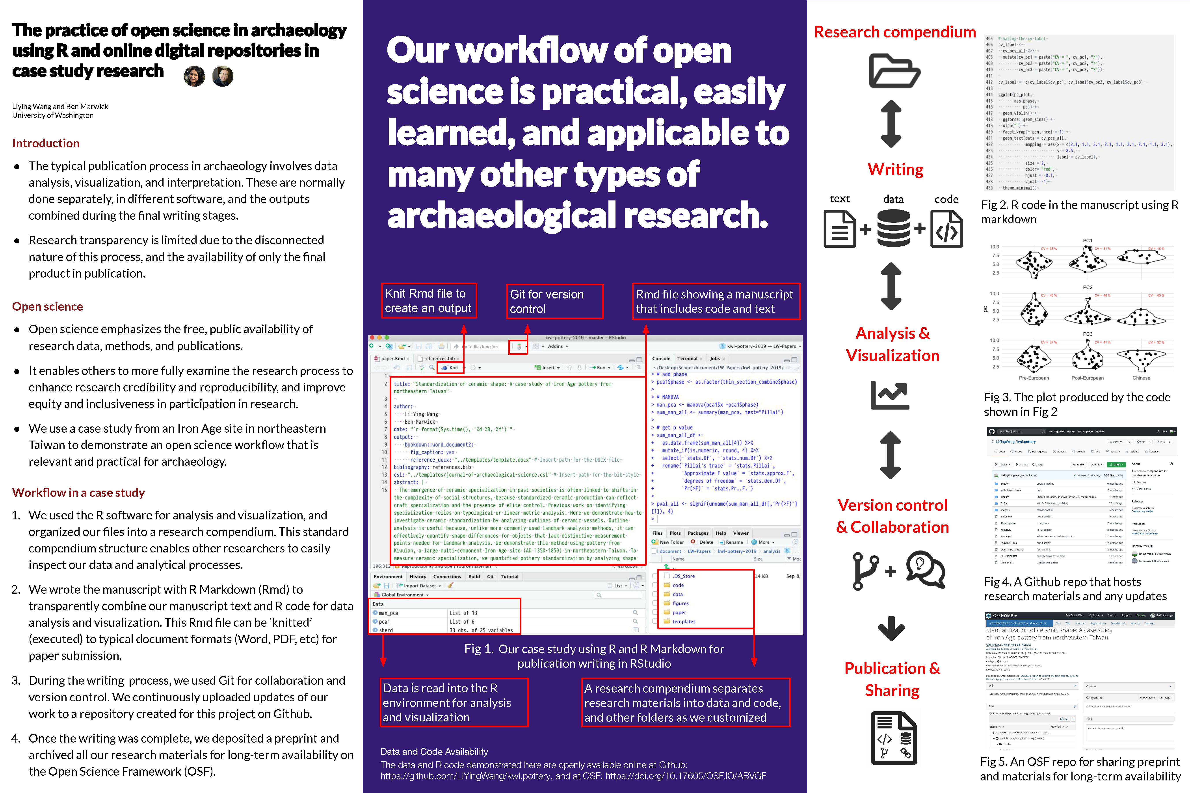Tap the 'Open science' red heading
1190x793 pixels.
tap(48, 306)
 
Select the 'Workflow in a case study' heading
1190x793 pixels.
tap(78, 493)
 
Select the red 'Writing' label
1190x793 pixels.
tap(896, 169)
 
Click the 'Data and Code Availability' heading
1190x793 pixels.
tap(434, 752)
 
